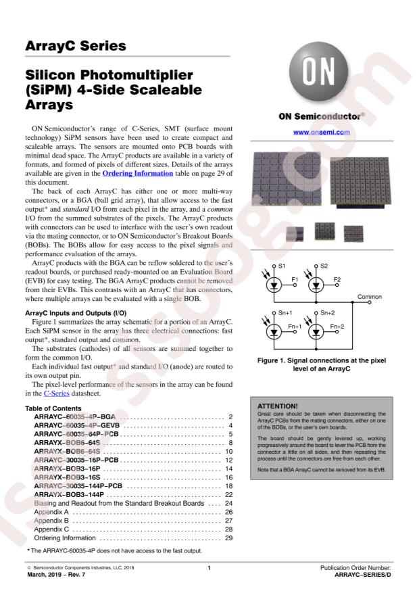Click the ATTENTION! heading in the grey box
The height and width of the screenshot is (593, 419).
tap(278, 406)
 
